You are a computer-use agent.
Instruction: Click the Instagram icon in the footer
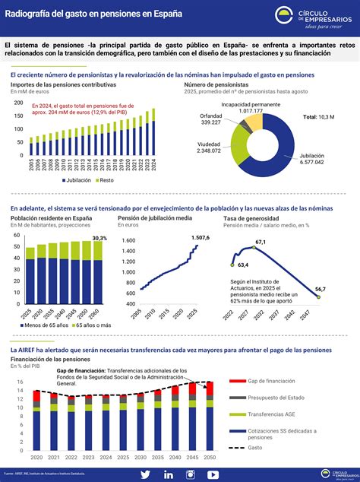click(191, 474)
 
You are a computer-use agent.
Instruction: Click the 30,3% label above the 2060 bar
click(99, 239)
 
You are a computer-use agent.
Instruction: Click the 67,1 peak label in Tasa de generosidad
click(261, 242)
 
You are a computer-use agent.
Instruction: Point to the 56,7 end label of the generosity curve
click(321, 289)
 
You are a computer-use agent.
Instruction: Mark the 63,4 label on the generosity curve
click(244, 265)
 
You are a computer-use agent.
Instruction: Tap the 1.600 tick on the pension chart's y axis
click(128, 240)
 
